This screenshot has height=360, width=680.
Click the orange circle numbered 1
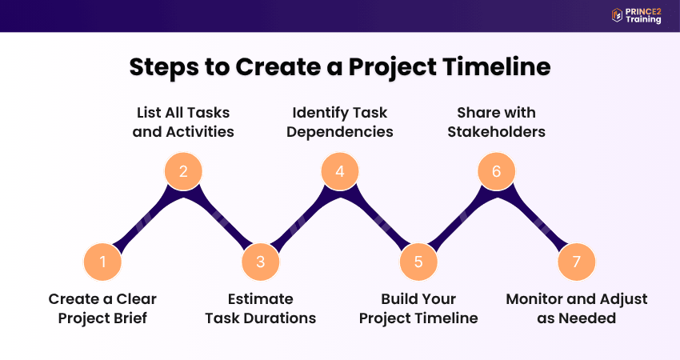102,262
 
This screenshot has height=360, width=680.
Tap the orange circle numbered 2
183,171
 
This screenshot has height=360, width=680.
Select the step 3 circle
261,262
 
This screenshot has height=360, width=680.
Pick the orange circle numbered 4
340,171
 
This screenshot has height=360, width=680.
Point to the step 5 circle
418,262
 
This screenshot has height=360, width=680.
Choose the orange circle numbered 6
497,171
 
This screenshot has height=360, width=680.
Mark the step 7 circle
576,262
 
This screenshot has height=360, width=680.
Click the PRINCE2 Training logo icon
617,15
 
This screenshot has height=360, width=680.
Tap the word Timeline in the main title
497,66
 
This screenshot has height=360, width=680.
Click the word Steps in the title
164,68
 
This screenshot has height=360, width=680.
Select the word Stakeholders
497,131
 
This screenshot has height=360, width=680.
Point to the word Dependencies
340,132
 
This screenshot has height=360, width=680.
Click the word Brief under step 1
130,318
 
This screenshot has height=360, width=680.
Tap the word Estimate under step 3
261,299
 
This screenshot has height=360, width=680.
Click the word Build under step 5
398,299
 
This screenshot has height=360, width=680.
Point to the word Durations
280,318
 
